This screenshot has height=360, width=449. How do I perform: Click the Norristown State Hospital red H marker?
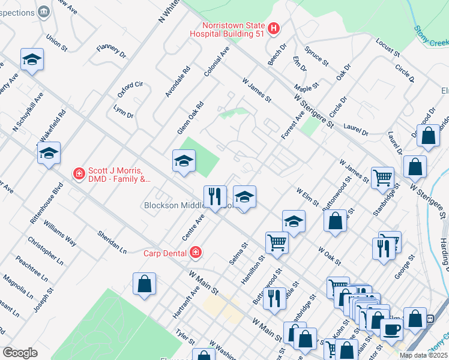274,28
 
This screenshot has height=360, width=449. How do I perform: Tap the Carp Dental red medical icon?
195,253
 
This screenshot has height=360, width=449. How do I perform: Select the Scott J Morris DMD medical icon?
78,174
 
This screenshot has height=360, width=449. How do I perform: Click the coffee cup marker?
392,328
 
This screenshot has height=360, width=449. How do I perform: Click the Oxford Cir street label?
130,89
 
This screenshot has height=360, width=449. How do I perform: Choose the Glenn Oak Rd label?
190,118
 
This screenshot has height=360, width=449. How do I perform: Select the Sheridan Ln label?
113,241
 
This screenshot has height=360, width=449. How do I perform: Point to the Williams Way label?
61,234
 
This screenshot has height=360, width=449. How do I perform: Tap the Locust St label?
388,47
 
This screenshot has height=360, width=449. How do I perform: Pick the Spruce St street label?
316,56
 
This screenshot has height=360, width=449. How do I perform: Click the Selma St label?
238,254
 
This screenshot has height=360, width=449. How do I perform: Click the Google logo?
20,353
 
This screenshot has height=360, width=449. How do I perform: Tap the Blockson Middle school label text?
174,205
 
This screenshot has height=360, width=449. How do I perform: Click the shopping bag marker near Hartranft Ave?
145,284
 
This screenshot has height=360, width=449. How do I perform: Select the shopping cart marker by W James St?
382,177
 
